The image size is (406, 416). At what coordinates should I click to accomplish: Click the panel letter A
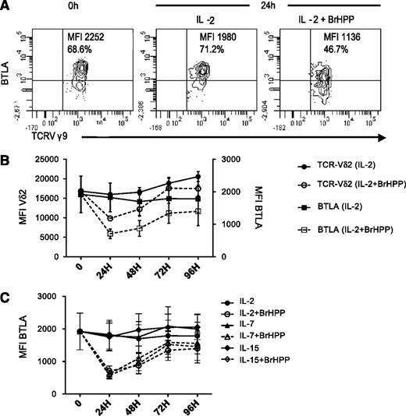pyautogui.click(x=7, y=6)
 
